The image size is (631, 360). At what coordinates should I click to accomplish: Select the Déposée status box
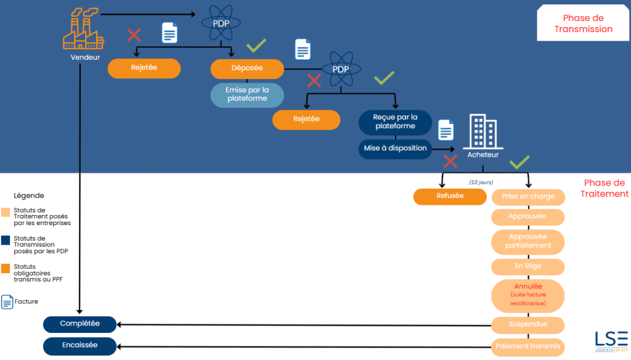point(247,68)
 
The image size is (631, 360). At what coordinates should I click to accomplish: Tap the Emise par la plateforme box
point(247,94)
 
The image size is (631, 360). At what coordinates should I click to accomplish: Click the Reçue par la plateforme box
point(395,121)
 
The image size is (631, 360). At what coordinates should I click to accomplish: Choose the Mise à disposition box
point(395,149)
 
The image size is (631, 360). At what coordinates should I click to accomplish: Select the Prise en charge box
point(528,197)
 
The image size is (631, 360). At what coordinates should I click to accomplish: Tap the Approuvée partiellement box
point(528,242)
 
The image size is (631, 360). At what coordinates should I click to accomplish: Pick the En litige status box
point(528,267)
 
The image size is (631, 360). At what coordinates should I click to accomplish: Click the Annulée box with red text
point(528,295)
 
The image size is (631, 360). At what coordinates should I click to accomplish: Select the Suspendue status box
point(528,324)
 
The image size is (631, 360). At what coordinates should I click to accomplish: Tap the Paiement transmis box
point(528,346)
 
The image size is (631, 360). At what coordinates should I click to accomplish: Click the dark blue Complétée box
point(79,324)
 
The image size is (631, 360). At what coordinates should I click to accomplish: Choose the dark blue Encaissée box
point(79,346)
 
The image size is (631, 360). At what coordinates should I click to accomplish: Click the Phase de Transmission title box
point(583,23)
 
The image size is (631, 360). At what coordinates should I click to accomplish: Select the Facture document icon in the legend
point(7,302)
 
